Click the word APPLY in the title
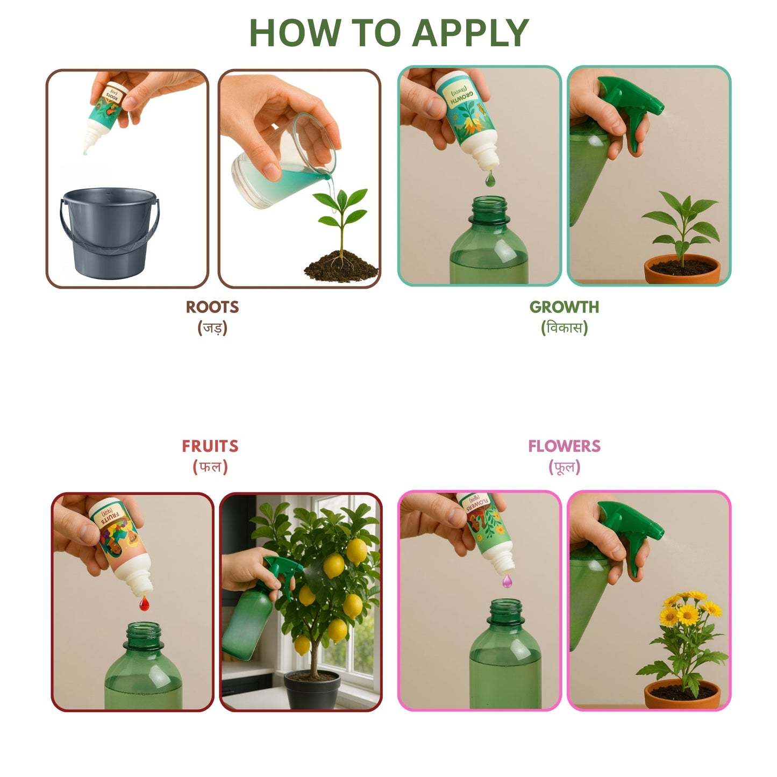[x=471, y=33]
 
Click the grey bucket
[x=109, y=234]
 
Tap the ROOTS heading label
[x=212, y=307]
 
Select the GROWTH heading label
[x=564, y=307]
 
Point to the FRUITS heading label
[x=210, y=446]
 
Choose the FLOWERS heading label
[x=564, y=446]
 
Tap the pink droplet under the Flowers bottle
[x=507, y=581]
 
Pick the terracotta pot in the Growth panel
[x=682, y=270]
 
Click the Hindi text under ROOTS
[x=212, y=327]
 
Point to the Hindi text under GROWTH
[x=564, y=327]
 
